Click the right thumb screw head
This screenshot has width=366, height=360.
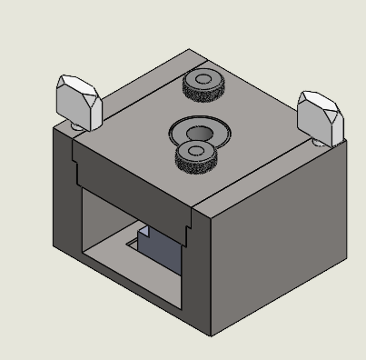pos(322,114)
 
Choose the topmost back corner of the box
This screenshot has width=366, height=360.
pos(190,49)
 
